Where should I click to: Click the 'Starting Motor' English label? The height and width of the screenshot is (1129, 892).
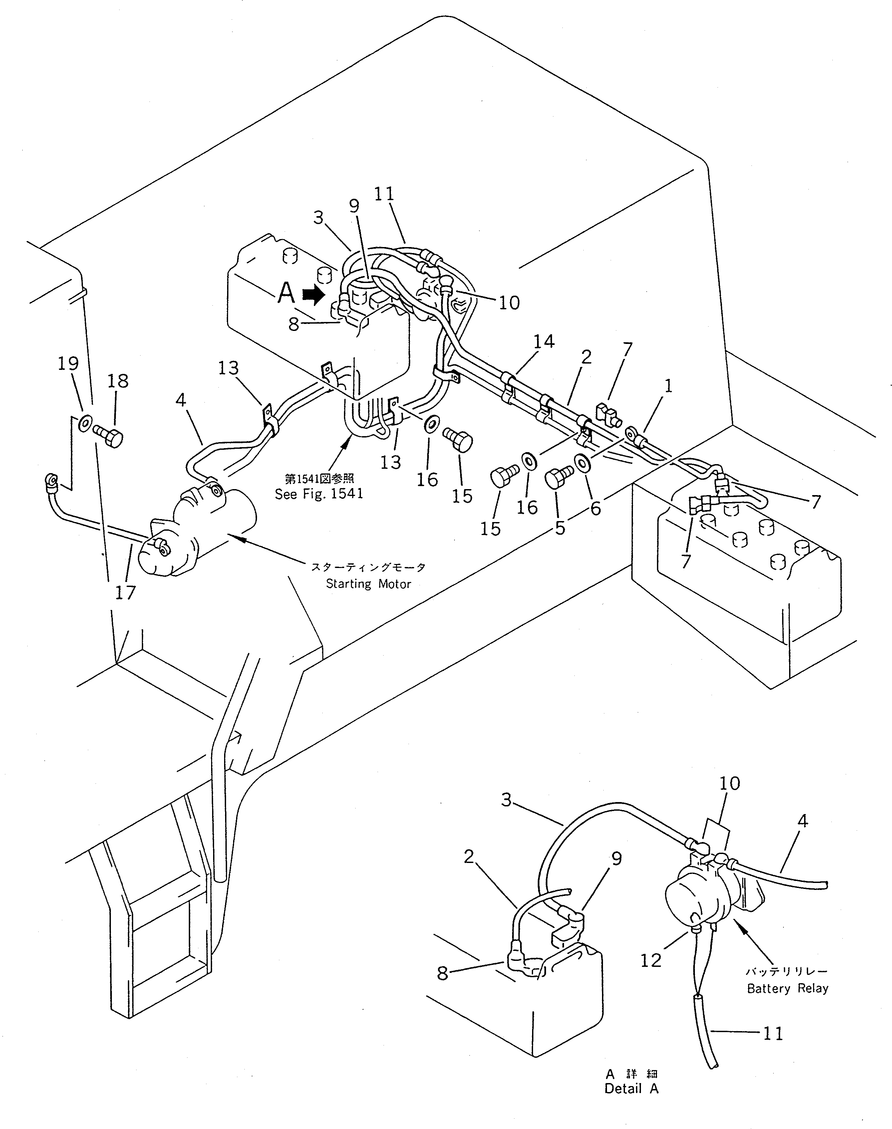click(368, 584)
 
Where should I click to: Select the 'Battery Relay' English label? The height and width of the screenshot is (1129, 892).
click(787, 988)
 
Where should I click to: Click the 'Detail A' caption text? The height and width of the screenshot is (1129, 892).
click(631, 1089)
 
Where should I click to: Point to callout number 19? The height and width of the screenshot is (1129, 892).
click(68, 364)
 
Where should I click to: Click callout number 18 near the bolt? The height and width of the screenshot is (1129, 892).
click(118, 381)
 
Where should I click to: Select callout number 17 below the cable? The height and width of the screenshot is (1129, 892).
click(125, 593)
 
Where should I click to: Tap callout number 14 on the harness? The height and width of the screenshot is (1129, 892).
click(544, 342)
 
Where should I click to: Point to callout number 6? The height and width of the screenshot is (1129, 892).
click(595, 508)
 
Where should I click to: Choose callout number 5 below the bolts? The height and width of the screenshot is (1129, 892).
click(560, 528)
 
